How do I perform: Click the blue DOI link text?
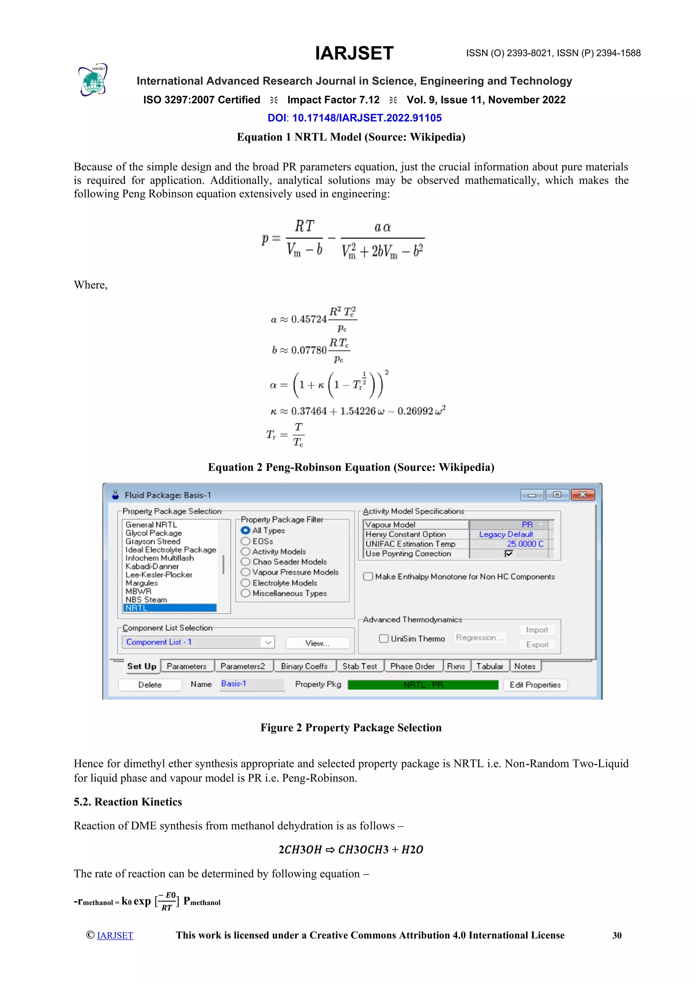click(x=354, y=118)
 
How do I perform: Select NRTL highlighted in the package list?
click(x=170, y=608)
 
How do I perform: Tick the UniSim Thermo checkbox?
click(x=384, y=638)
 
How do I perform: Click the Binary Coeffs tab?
click(x=304, y=666)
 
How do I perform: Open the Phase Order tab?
click(x=412, y=666)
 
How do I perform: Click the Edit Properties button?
click(x=535, y=684)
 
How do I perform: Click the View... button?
click(x=317, y=643)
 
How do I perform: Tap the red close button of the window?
click(x=582, y=495)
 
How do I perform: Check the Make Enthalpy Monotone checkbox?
click(x=368, y=576)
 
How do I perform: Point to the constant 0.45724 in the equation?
click(x=309, y=319)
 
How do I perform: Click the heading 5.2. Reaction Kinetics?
click(x=128, y=802)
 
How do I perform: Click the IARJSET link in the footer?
click(x=115, y=935)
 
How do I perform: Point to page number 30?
click(x=617, y=935)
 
